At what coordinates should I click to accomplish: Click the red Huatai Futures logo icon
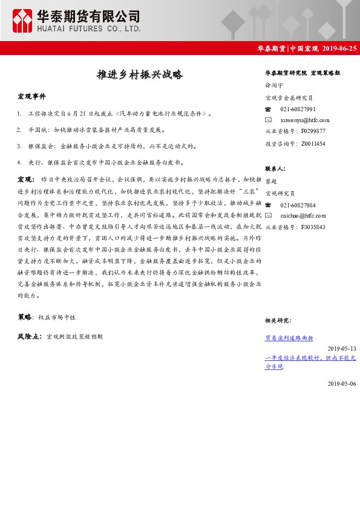(x=24, y=21)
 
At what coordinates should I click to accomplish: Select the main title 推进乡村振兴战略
(x=140, y=76)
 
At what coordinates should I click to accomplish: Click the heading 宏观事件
(x=31, y=97)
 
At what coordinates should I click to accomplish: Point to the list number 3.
(x=19, y=146)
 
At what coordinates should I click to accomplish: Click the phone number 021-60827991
(x=298, y=109)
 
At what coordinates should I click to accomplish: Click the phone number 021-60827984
(x=298, y=205)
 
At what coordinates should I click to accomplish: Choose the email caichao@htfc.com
(x=303, y=215)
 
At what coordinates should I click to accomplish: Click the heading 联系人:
(x=275, y=169)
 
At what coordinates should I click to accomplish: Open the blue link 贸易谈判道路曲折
(x=289, y=338)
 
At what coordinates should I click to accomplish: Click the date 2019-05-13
(x=342, y=349)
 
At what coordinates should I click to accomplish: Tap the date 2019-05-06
(x=342, y=384)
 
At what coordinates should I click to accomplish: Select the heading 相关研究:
(x=278, y=320)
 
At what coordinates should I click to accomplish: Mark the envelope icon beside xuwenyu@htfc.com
(x=269, y=120)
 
